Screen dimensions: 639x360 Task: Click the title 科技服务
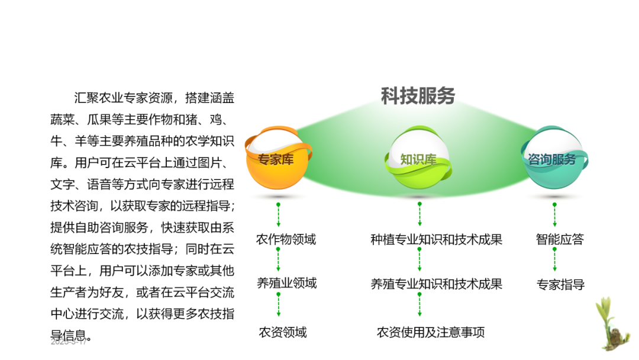(418, 96)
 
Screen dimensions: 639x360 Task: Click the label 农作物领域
(286, 239)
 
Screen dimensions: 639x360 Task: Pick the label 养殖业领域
(286, 283)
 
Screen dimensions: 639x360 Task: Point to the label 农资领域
(283, 332)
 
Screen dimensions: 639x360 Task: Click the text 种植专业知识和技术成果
(436, 239)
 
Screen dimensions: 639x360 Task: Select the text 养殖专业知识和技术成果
(436, 284)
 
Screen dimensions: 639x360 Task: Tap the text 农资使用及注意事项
(431, 332)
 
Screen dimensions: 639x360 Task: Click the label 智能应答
(560, 239)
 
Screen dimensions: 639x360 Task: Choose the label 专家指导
(560, 284)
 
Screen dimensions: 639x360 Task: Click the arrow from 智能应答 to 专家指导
(555, 259)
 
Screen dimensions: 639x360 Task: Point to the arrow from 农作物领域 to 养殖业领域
(278, 260)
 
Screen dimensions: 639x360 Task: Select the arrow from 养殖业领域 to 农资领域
(278, 304)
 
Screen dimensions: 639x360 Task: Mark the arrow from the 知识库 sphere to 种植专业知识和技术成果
(419, 214)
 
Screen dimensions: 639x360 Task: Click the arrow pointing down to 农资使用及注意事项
(419, 304)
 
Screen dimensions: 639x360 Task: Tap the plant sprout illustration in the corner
(612, 324)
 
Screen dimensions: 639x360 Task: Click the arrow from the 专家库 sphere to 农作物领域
(278, 214)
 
